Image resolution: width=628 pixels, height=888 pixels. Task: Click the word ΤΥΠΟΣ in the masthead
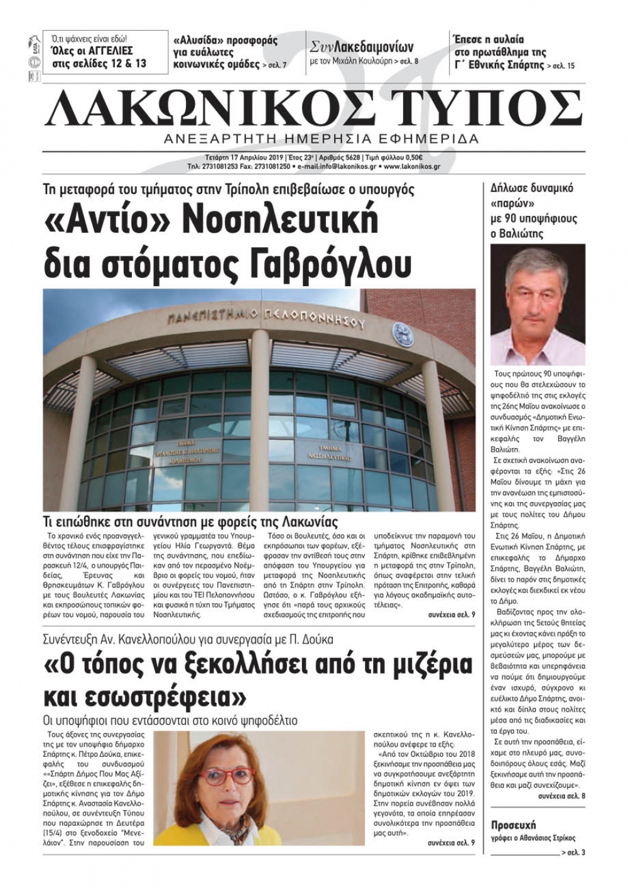480,107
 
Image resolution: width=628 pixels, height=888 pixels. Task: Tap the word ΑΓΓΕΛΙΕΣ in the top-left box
107,51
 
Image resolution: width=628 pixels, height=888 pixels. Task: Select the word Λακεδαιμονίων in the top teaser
374,47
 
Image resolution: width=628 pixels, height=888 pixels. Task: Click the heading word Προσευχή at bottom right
514,825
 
